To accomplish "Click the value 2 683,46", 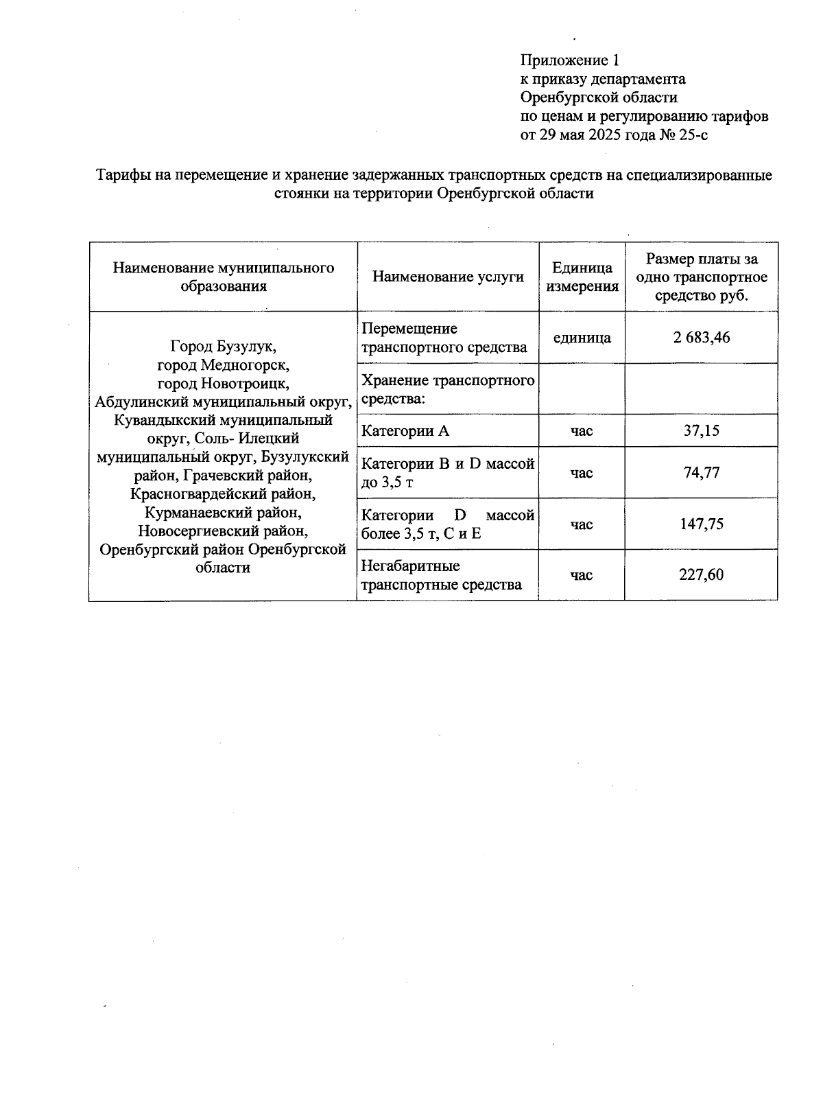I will (x=702, y=338).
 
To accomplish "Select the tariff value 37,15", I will (x=702, y=431).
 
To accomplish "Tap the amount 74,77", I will (x=702, y=473).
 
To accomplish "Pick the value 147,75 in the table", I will (x=702, y=524).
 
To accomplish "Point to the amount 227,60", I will (x=702, y=575).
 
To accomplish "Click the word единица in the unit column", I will (x=582, y=338).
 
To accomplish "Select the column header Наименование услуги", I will (x=448, y=277).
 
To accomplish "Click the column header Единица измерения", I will (x=582, y=277).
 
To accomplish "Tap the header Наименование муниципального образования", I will (x=224, y=277).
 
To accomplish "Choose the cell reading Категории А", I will (x=405, y=431).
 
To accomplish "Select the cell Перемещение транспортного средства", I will (x=444, y=338).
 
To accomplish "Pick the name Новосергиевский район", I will (x=223, y=531).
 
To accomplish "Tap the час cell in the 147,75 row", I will (x=582, y=524).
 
